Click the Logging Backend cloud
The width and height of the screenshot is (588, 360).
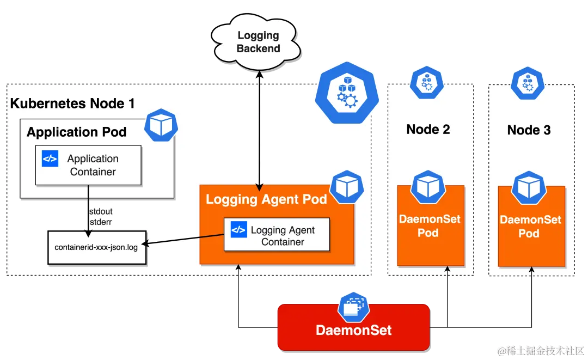click(x=258, y=42)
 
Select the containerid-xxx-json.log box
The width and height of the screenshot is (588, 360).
click(x=97, y=247)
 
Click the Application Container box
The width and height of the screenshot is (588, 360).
click(x=88, y=165)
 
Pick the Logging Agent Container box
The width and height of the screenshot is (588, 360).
click(x=277, y=235)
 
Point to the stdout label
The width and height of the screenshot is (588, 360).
click(x=100, y=211)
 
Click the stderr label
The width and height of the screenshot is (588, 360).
click(x=100, y=221)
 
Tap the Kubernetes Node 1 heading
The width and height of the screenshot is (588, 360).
click(x=73, y=103)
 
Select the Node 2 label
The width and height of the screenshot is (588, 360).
click(x=428, y=129)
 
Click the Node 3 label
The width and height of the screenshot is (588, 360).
click(x=529, y=130)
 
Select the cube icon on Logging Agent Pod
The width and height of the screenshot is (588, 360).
click(x=346, y=187)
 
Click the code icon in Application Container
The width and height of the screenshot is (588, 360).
click(x=50, y=159)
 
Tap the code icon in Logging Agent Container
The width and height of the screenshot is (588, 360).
click(x=238, y=229)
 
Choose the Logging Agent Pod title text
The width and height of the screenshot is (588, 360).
click(x=266, y=199)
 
